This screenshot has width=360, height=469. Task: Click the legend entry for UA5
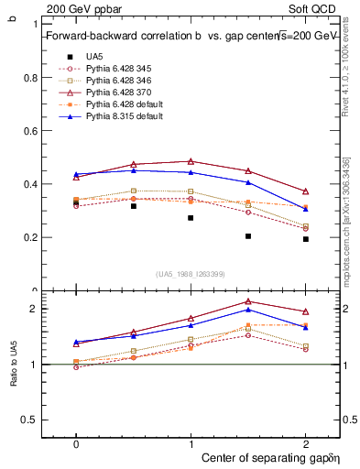coord(94,56)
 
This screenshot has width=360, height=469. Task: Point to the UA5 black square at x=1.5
coord(248,236)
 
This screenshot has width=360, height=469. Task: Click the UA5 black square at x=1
coord(191,218)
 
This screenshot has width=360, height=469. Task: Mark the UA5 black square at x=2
coord(306,239)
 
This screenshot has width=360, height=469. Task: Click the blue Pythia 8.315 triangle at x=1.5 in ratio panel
coord(248,310)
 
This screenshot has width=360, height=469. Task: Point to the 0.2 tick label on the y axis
coord(31,237)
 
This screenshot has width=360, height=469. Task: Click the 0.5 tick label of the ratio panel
coord(31,420)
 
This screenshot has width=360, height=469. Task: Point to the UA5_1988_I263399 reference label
coord(191,274)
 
